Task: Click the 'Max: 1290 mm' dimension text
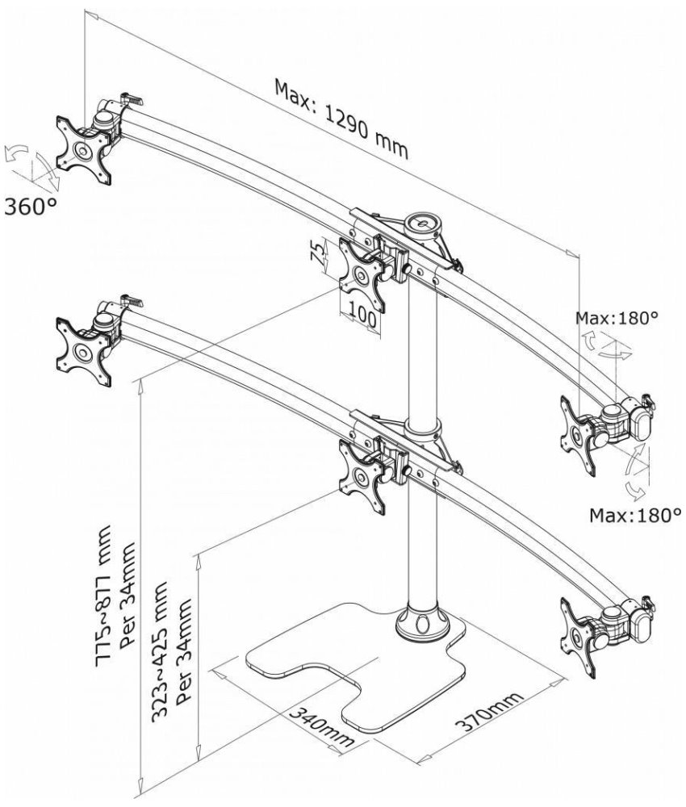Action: [x=341, y=119]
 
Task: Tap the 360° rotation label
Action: [x=31, y=207]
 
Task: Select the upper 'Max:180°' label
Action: [x=617, y=317]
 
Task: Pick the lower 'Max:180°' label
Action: [x=635, y=515]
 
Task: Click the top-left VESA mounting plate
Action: [x=84, y=150]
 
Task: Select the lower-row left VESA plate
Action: [x=84, y=352]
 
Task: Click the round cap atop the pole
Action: [x=423, y=226]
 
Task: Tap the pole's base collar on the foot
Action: [x=423, y=623]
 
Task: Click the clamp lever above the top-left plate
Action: [x=132, y=98]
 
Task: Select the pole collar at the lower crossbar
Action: [x=423, y=429]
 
